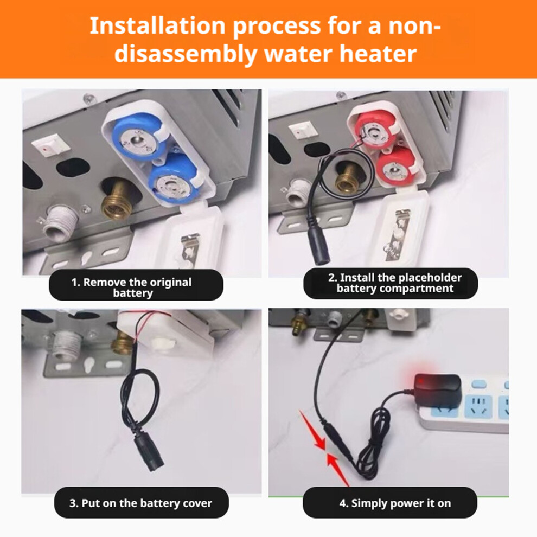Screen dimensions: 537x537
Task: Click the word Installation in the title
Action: click(x=157, y=26)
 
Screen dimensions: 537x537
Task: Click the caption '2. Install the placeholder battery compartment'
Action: click(x=391, y=283)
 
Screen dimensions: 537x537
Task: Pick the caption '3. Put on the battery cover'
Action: click(x=141, y=503)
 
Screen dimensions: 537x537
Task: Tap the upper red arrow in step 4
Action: click(x=312, y=430)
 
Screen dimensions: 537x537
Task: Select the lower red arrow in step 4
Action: click(x=338, y=469)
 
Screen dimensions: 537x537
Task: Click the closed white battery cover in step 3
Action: click(x=164, y=334)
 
